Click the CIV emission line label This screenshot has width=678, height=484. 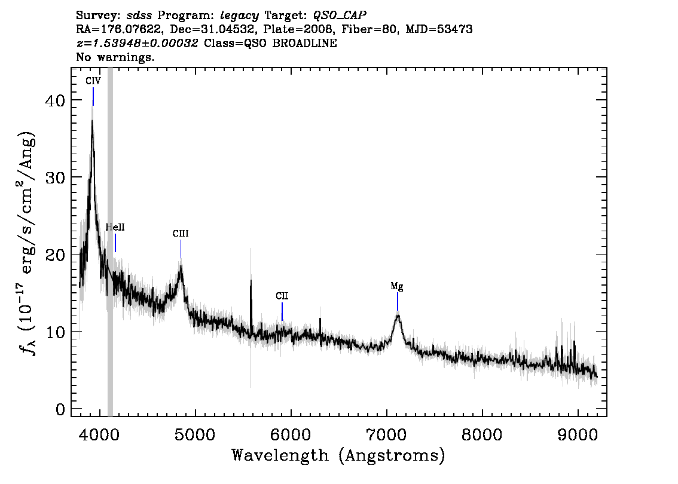[93, 81]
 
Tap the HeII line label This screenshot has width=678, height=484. [115, 227]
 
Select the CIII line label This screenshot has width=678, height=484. [181, 234]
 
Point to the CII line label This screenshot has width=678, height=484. [282, 296]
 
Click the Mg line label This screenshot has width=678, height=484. [397, 286]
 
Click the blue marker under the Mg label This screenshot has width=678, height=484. [398, 301]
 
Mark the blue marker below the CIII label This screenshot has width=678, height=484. [181, 249]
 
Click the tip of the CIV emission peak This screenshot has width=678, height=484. [92, 120]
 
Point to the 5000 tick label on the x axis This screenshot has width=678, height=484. [196, 434]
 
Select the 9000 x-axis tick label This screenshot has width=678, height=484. [577, 434]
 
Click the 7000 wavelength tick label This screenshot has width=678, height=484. [386, 434]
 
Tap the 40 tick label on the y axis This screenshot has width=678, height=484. [55, 100]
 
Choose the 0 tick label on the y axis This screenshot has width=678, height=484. [60, 409]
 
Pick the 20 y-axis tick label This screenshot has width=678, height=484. [55, 255]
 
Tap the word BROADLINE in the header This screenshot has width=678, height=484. [304, 43]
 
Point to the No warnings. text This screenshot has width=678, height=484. [115, 57]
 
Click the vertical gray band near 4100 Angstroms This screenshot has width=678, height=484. [110, 242]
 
